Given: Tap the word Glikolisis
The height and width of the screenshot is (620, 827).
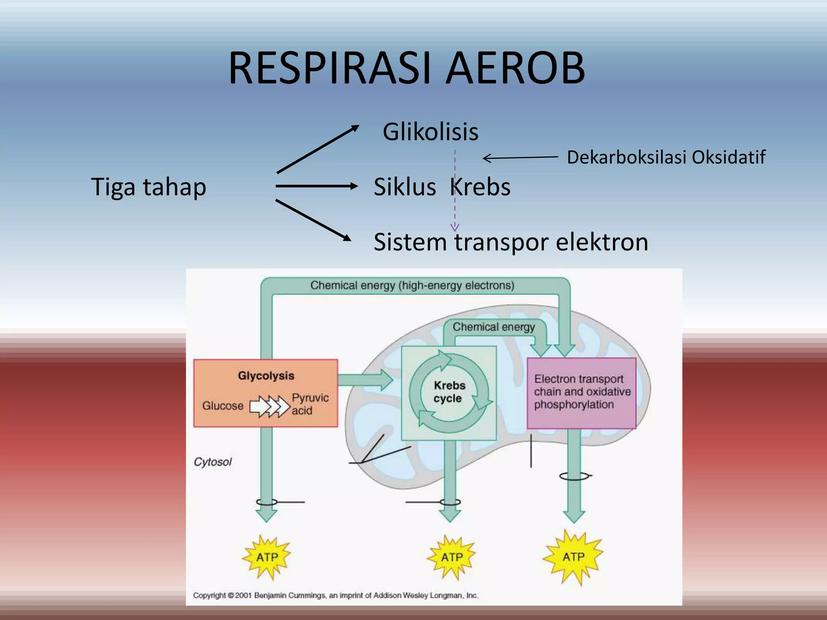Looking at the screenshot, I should coord(430,132).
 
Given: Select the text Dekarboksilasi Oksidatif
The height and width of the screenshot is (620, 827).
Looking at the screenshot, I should coord(666,157).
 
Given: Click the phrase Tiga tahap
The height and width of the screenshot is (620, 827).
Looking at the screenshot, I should coord(149,187).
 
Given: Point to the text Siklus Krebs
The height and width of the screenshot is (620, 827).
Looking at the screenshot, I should coord(442,187).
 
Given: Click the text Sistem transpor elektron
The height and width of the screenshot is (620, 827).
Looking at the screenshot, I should coord(511,242).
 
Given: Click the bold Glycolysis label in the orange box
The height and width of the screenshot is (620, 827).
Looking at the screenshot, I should coord(266,375).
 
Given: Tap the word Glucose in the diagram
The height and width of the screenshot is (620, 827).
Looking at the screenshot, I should coord(222,405).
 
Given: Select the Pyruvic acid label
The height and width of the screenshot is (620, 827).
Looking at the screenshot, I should coord(310,404).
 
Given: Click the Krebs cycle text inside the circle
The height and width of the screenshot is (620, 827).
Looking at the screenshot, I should coord(449,392).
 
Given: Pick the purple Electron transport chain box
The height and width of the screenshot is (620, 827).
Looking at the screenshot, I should coord(581,392).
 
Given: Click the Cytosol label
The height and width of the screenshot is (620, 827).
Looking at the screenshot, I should coord(213,462).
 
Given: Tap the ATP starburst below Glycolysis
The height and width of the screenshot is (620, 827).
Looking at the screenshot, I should coord(267,557).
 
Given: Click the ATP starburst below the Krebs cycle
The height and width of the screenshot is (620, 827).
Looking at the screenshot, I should coord(451,557).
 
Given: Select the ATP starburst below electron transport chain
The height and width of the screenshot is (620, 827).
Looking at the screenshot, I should coord(573,557).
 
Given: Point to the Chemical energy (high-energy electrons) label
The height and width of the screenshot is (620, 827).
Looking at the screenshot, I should coord(412,285).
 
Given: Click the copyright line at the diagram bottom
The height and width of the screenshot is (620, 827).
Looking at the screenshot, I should coord(335,595).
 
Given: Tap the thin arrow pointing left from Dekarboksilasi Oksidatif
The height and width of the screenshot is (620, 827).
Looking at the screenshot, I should coord(520,158).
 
